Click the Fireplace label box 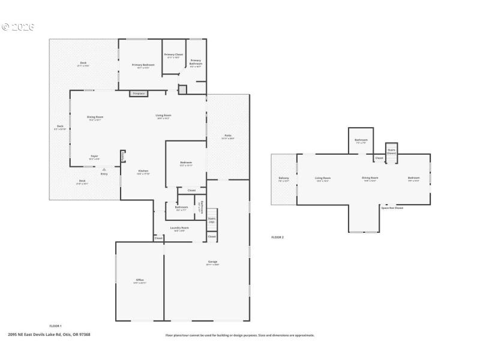[139, 94]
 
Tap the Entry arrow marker [104, 170]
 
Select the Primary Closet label [173, 56]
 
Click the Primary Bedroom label [143, 66]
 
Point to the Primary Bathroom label [196, 62]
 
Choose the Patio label [228, 137]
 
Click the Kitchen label [143, 172]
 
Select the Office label [139, 281]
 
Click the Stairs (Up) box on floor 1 [212, 220]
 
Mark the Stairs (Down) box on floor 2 [391, 151]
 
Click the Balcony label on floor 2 [284, 179]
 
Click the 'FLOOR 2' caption [277, 238]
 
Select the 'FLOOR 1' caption [55, 326]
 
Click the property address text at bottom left [49, 335]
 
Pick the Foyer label [94, 157]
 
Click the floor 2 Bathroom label [361, 141]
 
